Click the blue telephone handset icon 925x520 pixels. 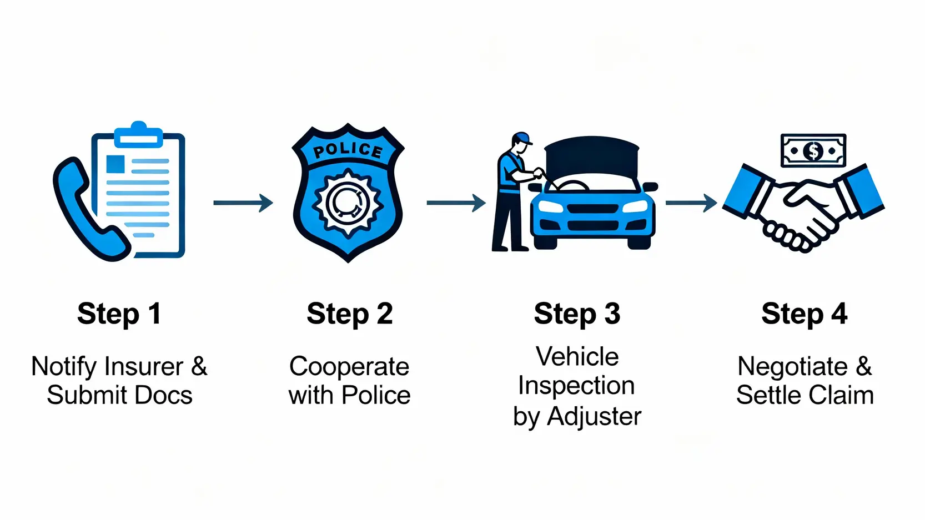pos(83,211)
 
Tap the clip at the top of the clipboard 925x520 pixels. pos(139,134)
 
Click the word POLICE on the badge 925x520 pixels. pos(348,150)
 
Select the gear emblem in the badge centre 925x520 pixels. pos(348,203)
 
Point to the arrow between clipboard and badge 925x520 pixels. pos(243,203)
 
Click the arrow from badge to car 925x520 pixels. pos(456,203)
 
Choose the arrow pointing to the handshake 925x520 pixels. pos(691,203)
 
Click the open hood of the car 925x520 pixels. pos(592,155)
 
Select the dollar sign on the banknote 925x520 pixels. pos(813,150)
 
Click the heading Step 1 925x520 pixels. pos(119,314)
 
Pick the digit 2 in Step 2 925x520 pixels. pos(385,314)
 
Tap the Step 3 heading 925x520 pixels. pos(577,314)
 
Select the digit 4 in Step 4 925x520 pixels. pos(839,314)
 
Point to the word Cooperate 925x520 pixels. pos(349,367)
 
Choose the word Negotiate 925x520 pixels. pos(792,367)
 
